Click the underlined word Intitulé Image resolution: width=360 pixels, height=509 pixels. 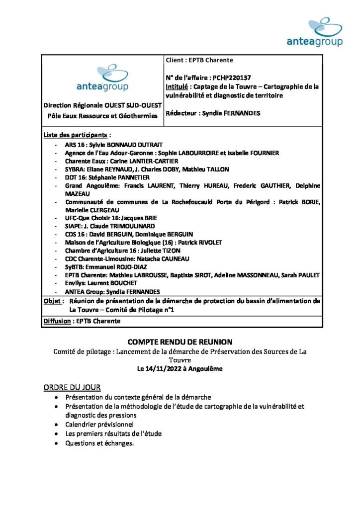[178, 86]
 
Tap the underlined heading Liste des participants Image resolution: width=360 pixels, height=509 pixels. [75, 135]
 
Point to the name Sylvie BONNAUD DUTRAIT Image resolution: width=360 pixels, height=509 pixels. [120, 145]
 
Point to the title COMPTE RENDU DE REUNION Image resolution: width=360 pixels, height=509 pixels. [180, 342]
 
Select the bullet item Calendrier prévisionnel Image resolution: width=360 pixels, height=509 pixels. [99, 424]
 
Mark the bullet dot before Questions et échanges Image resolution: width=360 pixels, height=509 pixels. [59, 443]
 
